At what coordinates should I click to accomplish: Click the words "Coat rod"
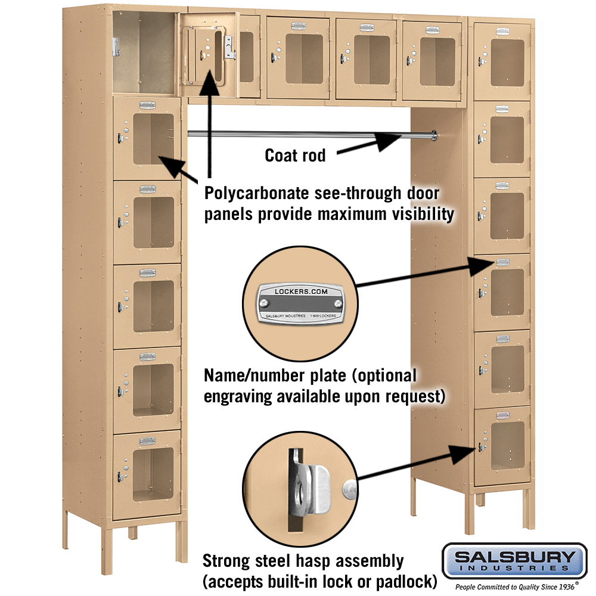(295, 156)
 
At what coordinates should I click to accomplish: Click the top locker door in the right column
(502, 61)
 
